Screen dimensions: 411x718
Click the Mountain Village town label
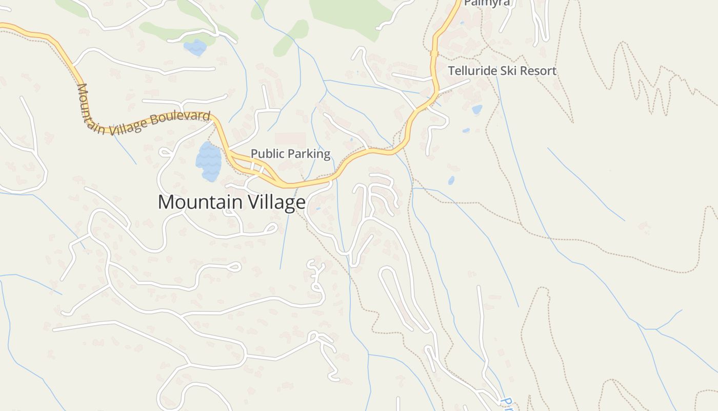coord(231,202)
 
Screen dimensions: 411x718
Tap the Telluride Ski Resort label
coord(502,71)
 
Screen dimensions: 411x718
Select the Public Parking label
coord(290,154)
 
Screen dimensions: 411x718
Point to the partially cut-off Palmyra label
coord(487,3)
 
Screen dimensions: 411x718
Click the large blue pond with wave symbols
coord(208,161)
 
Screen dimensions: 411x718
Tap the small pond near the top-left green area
coord(195,48)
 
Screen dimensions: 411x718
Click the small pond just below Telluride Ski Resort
coord(477,109)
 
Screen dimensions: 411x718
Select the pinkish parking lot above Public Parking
coord(290,139)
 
